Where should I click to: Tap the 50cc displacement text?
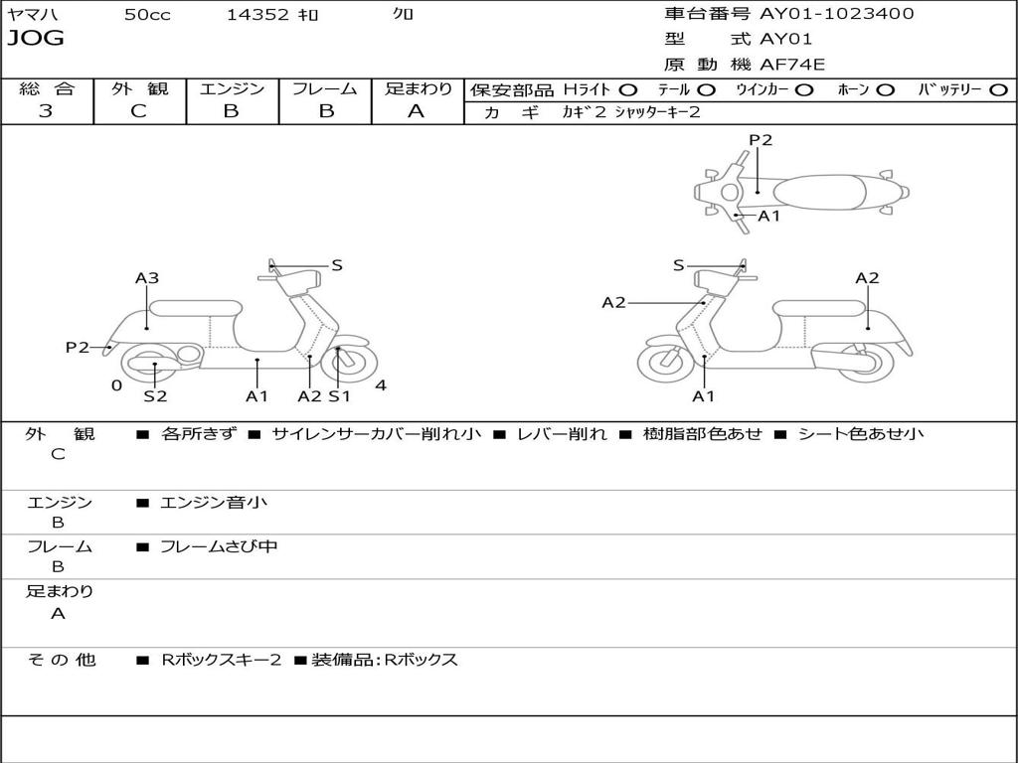(147, 15)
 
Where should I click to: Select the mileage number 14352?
(257, 15)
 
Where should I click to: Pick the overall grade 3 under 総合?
(46, 111)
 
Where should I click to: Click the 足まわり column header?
(419, 89)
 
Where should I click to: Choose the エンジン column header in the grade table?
(232, 89)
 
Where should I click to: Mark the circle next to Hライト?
(628, 90)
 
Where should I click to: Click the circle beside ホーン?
(885, 90)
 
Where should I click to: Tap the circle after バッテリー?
(999, 90)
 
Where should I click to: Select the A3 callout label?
(147, 279)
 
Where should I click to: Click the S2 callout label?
(155, 396)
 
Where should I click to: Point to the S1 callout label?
(340, 396)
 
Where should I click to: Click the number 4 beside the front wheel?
(381, 385)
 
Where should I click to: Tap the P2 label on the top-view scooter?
(761, 140)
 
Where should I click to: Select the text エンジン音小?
(214, 503)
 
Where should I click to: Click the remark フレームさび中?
(219, 546)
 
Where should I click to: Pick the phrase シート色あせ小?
(861, 434)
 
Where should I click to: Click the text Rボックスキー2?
(222, 660)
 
